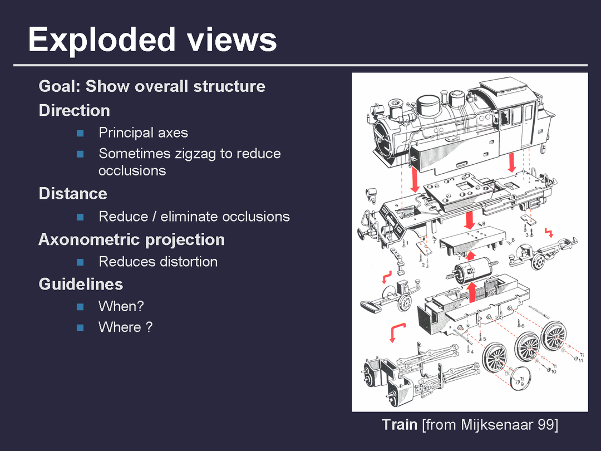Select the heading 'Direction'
(74, 110)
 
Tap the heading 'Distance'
(72, 194)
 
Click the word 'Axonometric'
(90, 240)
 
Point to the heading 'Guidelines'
(81, 285)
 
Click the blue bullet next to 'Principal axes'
(80, 133)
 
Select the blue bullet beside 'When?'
(80, 307)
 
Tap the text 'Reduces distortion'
(158, 262)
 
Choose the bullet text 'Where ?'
(125, 327)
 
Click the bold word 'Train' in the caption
(400, 425)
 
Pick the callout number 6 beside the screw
(521, 326)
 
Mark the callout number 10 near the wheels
(553, 371)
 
